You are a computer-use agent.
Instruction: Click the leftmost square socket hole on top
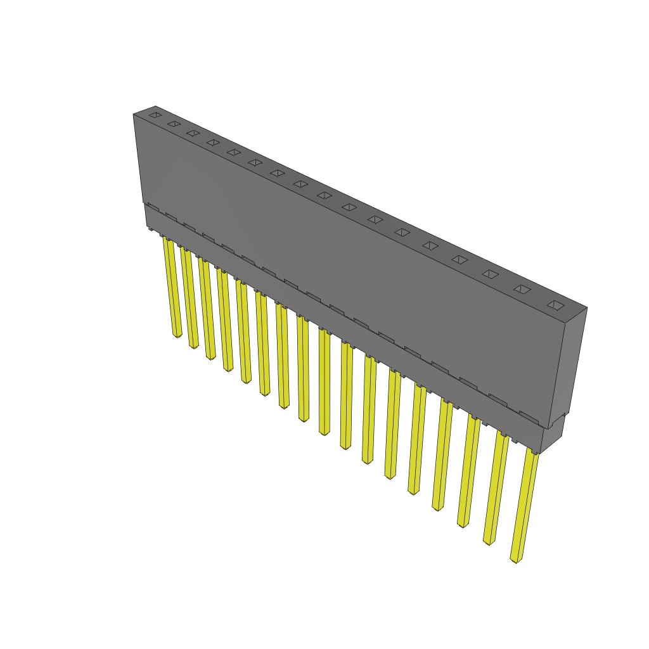pos(155,115)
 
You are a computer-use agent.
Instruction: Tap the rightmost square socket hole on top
pos(556,305)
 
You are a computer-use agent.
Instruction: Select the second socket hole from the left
pos(174,124)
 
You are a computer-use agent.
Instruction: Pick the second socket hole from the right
pos(522,289)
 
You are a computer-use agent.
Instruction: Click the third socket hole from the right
pos(490,274)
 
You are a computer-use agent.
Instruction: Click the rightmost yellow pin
pos(524,507)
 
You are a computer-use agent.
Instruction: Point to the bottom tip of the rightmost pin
pos(516,560)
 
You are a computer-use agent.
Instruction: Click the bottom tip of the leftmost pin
pos(177,334)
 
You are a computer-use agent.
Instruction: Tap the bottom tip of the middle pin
pos(324,431)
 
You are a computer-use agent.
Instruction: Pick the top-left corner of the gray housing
pos(134,115)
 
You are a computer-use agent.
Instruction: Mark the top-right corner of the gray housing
pos(586,309)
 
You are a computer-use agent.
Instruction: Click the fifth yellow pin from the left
pos(243,333)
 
